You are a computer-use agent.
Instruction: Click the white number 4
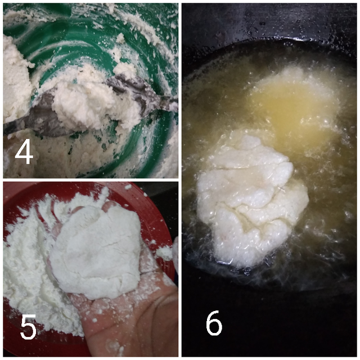click(x=24, y=152)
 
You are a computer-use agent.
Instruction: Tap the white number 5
click(x=29, y=327)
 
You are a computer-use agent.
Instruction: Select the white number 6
click(x=214, y=323)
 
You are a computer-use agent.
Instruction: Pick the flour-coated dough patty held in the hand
click(x=96, y=250)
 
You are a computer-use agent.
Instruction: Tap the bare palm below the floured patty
click(x=129, y=321)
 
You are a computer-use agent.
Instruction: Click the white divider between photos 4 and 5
click(x=91, y=180)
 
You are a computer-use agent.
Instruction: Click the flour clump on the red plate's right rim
click(x=165, y=252)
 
